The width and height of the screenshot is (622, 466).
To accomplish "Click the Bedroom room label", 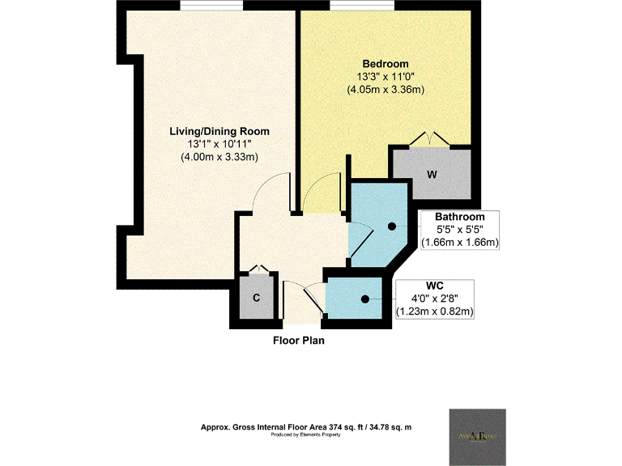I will click(x=385, y=64).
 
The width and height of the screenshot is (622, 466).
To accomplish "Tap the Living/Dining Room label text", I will click(x=219, y=131).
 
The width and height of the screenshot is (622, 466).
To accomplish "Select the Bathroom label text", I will click(x=459, y=217).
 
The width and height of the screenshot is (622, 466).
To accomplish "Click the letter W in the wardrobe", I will click(x=432, y=175).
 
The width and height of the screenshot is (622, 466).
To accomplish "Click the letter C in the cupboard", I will click(x=256, y=298).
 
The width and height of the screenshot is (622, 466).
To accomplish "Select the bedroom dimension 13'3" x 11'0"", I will click(x=385, y=77).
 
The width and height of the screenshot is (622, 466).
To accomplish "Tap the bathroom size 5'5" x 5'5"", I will click(x=459, y=230).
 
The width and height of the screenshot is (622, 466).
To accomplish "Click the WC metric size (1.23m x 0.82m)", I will click(x=434, y=311).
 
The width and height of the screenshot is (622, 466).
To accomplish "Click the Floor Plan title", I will click(x=298, y=341).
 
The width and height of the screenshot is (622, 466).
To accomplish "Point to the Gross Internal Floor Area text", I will click(x=307, y=427).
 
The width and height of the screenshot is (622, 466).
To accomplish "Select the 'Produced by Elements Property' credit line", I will click(x=307, y=435).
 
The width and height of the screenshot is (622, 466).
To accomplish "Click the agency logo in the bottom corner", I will click(x=478, y=435).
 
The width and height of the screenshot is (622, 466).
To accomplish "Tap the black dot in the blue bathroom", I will click(x=391, y=227).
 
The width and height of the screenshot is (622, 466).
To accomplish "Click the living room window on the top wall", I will click(x=211, y=6).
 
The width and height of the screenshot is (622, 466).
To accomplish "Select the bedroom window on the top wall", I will click(x=362, y=6).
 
